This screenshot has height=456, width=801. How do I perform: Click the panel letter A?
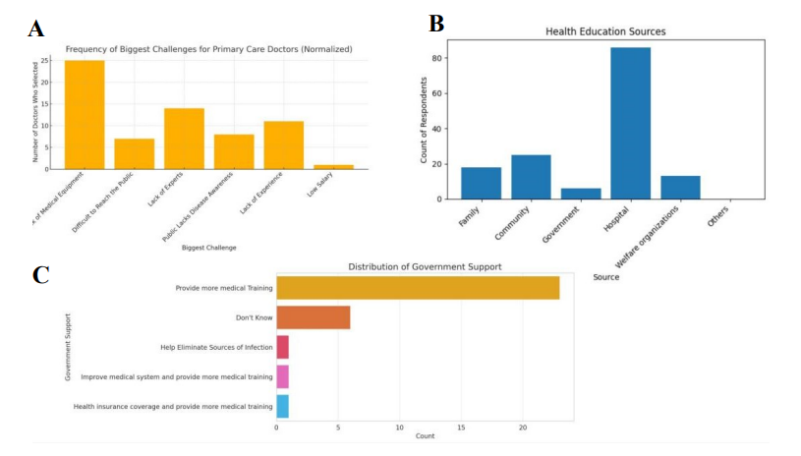point(35,28)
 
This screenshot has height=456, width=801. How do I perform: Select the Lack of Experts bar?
point(184,139)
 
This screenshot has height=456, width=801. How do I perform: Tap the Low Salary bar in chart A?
point(333,166)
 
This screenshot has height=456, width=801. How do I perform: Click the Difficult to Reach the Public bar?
point(134,153)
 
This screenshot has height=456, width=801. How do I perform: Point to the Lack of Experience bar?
point(283,144)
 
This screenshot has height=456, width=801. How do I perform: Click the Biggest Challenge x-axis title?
point(208,248)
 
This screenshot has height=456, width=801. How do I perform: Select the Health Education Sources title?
point(605,32)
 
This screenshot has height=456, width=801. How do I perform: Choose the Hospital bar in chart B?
point(630,123)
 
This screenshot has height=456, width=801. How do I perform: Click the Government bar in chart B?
point(581,194)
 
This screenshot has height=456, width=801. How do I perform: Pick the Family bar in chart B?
point(482,183)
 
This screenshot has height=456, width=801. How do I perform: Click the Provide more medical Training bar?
point(418,288)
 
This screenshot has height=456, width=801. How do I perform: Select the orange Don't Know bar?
point(313,317)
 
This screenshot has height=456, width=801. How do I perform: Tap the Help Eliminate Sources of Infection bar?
point(282,347)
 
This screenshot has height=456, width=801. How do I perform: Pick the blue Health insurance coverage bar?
point(282,406)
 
